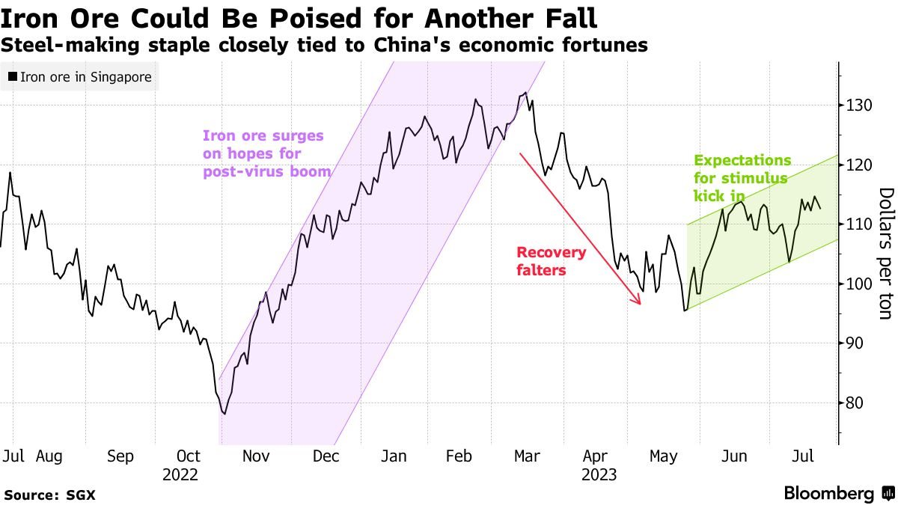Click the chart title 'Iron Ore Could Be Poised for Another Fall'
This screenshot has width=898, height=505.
(x=299, y=16)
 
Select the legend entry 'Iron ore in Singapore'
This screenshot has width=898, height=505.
(x=80, y=77)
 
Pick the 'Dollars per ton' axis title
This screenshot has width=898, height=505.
(x=885, y=254)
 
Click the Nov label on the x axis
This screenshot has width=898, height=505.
(x=257, y=456)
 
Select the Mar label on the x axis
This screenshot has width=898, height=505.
(x=528, y=456)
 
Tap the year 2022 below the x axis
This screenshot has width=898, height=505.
(x=180, y=475)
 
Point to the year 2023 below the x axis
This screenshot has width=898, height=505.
(x=598, y=475)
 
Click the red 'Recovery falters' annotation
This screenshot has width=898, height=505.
(x=552, y=261)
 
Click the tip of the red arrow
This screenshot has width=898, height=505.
(x=641, y=304)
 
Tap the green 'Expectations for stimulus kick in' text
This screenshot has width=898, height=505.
(x=742, y=178)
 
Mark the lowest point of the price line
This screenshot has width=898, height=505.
(x=224, y=414)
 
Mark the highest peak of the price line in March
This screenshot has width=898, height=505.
(x=526, y=93)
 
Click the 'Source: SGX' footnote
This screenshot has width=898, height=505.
(x=49, y=495)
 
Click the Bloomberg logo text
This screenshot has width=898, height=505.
(x=828, y=494)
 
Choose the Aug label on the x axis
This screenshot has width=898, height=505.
(x=49, y=456)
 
